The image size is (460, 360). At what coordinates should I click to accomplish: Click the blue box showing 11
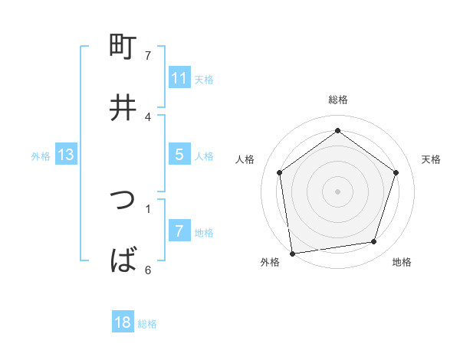click(x=179, y=78)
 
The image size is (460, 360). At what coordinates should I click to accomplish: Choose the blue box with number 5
click(x=179, y=155)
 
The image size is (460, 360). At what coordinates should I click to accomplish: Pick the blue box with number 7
click(x=179, y=231)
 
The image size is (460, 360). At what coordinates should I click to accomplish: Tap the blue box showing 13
click(x=66, y=155)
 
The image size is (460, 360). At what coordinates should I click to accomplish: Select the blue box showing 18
click(x=123, y=322)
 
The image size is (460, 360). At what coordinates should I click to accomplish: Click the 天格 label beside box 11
click(x=204, y=79)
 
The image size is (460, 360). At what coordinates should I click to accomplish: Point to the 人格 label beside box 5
click(x=204, y=155)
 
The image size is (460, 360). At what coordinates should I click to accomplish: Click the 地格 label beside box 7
click(x=204, y=232)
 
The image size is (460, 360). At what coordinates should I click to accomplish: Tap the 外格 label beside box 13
click(x=41, y=155)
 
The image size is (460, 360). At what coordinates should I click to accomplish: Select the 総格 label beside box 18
click(x=147, y=323)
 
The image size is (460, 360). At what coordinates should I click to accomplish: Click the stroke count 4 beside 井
click(x=148, y=116)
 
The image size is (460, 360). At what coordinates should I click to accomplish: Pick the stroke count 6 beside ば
click(x=148, y=270)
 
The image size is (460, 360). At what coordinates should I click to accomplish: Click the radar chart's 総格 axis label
click(x=338, y=100)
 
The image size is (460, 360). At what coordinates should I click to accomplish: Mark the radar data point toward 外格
click(x=292, y=253)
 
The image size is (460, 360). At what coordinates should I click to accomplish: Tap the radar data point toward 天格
click(x=396, y=172)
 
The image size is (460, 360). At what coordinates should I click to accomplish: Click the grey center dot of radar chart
click(x=338, y=191)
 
